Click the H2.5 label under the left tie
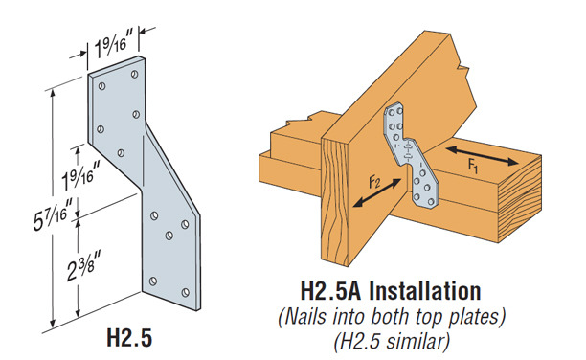129,338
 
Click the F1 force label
473,166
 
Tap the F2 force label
374,182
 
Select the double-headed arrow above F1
482,156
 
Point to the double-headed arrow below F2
377,192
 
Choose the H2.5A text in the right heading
330,291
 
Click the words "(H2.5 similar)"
392,340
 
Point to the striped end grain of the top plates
520,198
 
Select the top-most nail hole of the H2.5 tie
135,74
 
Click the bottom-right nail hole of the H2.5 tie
186,292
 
